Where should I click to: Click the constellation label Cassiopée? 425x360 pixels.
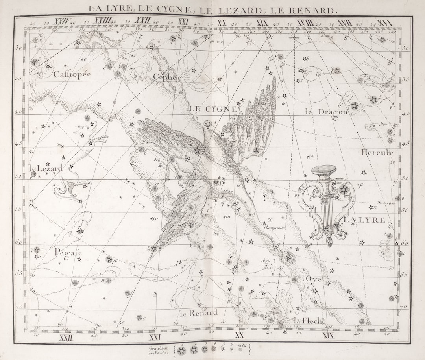[72, 74]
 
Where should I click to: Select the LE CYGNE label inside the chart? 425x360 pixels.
[213, 109]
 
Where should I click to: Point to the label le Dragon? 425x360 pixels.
[327, 112]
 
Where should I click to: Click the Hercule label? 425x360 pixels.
[377, 152]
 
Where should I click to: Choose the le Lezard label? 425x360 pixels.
[46, 168]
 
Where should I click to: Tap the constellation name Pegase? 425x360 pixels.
[68, 252]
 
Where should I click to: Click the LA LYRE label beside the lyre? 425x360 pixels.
[364, 220]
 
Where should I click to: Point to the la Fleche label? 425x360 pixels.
[310, 321]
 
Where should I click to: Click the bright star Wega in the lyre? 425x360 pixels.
[344, 190]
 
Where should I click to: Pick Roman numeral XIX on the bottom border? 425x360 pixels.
[328, 336]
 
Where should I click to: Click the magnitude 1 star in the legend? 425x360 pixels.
[182, 350]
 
